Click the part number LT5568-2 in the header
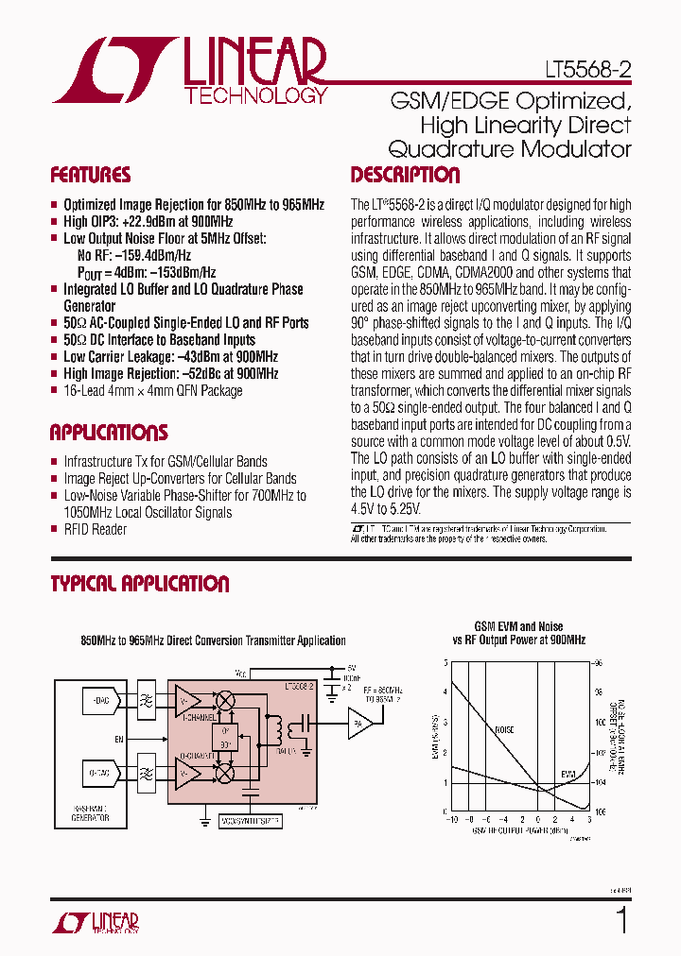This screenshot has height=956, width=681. pyautogui.click(x=587, y=70)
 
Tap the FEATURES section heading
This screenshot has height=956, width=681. pyautogui.click(x=91, y=175)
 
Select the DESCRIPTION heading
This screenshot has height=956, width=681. pyautogui.click(x=405, y=175)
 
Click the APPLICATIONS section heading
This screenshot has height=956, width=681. pyautogui.click(x=109, y=433)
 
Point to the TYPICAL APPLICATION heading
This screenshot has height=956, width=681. pyautogui.click(x=140, y=584)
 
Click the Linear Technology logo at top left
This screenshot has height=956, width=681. pyautogui.click(x=190, y=72)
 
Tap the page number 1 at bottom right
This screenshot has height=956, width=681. pyautogui.click(x=621, y=919)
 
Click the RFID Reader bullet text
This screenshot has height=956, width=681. pyautogui.click(x=95, y=529)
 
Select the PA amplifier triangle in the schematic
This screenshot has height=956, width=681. pyautogui.click(x=358, y=725)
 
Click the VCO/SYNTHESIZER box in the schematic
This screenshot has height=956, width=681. pyautogui.click(x=251, y=822)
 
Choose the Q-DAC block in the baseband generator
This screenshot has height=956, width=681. pyautogui.click(x=99, y=773)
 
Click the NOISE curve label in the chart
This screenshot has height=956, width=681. pyautogui.click(x=505, y=729)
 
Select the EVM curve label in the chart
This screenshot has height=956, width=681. pyautogui.click(x=567, y=775)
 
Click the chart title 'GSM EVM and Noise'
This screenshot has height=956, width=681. pyautogui.click(x=518, y=626)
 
